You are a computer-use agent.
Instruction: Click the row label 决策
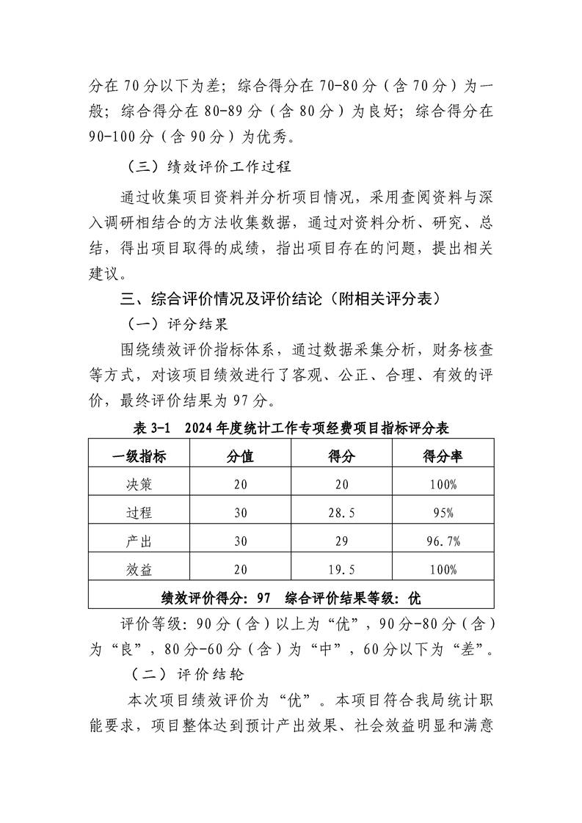point(139,484)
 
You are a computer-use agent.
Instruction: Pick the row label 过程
point(139,513)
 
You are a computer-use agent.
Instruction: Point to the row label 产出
point(139,541)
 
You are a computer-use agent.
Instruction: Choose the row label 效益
point(139,568)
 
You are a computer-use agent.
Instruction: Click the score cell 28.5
point(341,513)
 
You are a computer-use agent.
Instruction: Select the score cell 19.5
point(341,569)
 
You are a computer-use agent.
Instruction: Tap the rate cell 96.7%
point(443,541)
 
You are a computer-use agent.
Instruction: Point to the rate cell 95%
point(443,513)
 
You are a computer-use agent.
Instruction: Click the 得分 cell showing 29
point(341,541)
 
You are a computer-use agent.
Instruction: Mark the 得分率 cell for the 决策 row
point(443,485)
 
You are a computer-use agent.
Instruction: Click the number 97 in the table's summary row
point(265,596)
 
